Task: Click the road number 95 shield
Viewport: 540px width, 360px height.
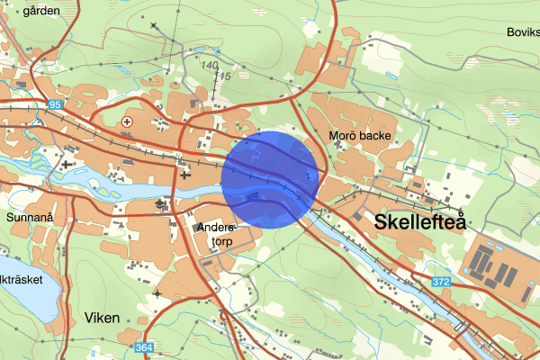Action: pos(56,105)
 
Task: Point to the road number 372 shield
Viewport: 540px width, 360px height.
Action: pos(440,282)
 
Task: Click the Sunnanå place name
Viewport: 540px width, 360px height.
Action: pos(31,217)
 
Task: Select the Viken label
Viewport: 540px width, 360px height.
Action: pos(101,318)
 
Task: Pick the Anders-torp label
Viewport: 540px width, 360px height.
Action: pos(215,235)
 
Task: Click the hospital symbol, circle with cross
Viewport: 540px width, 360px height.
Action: pos(126,121)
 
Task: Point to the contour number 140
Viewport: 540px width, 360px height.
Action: pos(211,66)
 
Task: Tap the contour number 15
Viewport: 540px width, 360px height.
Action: pos(225,77)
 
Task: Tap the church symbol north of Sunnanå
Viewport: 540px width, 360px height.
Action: pos(67,164)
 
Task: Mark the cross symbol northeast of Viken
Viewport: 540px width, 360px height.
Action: pos(157,292)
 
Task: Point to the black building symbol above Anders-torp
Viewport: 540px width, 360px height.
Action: pos(163,205)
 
